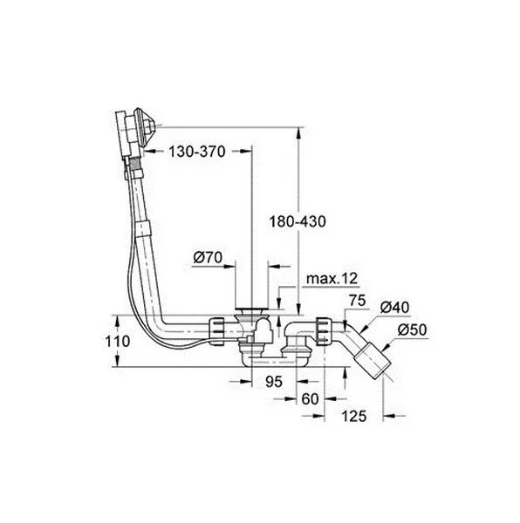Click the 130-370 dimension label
(197, 151)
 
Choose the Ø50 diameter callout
(411, 329)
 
